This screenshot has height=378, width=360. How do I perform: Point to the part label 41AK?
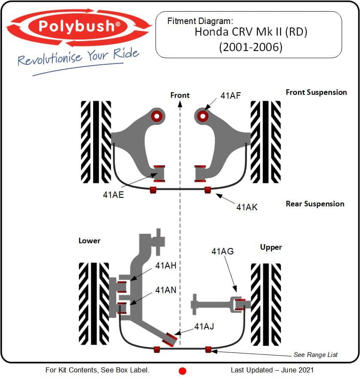tap(247, 207)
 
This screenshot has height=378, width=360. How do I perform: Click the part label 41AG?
tap(222, 251)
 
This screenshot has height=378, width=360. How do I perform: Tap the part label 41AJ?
tap(204, 327)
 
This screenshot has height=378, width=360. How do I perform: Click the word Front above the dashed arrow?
tap(180, 95)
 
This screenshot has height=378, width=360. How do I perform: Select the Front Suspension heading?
tap(316, 92)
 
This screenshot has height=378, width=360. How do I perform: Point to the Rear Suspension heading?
tap(315, 204)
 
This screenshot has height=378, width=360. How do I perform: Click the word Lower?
tap(89, 241)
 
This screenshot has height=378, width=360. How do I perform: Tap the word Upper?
tap(271, 247)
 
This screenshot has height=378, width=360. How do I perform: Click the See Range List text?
tap(315, 354)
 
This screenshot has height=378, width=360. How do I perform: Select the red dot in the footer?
tap(182, 371)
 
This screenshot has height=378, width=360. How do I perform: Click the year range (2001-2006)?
tap(251, 47)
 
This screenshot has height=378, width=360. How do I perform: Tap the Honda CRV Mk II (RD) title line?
tap(251, 32)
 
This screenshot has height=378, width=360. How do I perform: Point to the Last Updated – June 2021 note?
tap(272, 370)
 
